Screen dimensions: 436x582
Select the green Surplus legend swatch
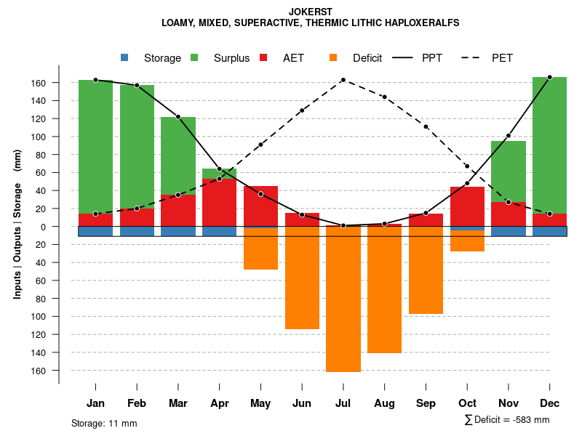194,57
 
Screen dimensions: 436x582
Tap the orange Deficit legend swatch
333,57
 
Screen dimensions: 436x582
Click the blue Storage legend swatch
124,57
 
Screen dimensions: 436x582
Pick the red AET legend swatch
263,57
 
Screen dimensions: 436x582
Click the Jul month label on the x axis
343,403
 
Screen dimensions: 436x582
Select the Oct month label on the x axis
467,403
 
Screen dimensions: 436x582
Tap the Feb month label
137,403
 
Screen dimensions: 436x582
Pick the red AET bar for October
467,207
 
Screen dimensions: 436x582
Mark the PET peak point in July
343,80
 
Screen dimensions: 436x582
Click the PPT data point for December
549,77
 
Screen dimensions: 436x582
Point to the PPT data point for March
178,117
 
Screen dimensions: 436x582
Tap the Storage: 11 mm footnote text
104,423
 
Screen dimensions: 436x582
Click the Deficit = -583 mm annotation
507,419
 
